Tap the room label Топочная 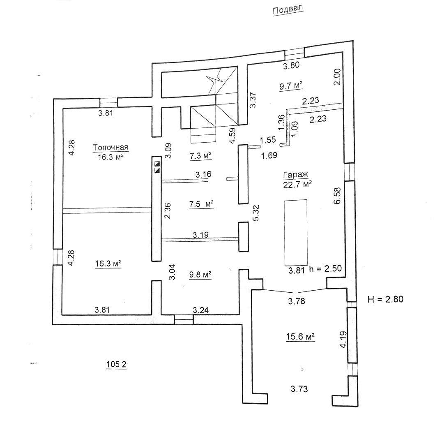pos(110,147)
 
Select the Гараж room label pos(295,175)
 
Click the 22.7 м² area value pos(297,184)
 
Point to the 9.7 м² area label pos(291,86)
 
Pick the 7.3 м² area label pos(200,156)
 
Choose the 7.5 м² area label pos(201,204)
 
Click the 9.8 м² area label pos(200,275)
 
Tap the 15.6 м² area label pos(300,337)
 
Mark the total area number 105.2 pos(116,364)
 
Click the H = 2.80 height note pos(385,299)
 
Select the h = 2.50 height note pos(325,269)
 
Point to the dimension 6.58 pos(337,196)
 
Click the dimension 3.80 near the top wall pos(291,65)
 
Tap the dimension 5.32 pos(255,213)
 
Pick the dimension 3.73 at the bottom pos(299,389)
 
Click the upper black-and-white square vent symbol pos(157,164)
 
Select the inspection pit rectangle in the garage pos(296,232)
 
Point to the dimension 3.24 pos(200,310)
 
